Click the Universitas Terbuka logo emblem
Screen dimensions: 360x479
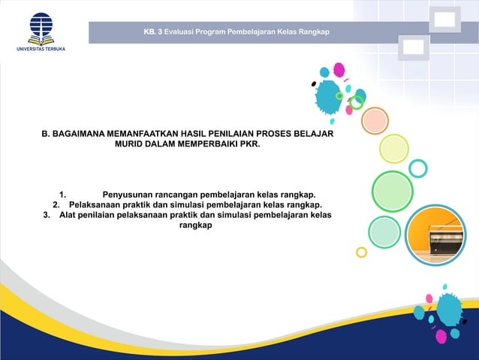(41, 29)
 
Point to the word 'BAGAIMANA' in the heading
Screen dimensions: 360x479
(80, 133)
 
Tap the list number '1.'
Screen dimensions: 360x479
(64, 192)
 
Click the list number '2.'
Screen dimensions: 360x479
(57, 204)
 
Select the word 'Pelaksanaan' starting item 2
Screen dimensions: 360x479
(95, 204)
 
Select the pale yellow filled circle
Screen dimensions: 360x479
(393, 148)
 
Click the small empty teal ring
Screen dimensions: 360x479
(417, 168)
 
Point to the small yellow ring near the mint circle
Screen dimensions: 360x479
(361, 252)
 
